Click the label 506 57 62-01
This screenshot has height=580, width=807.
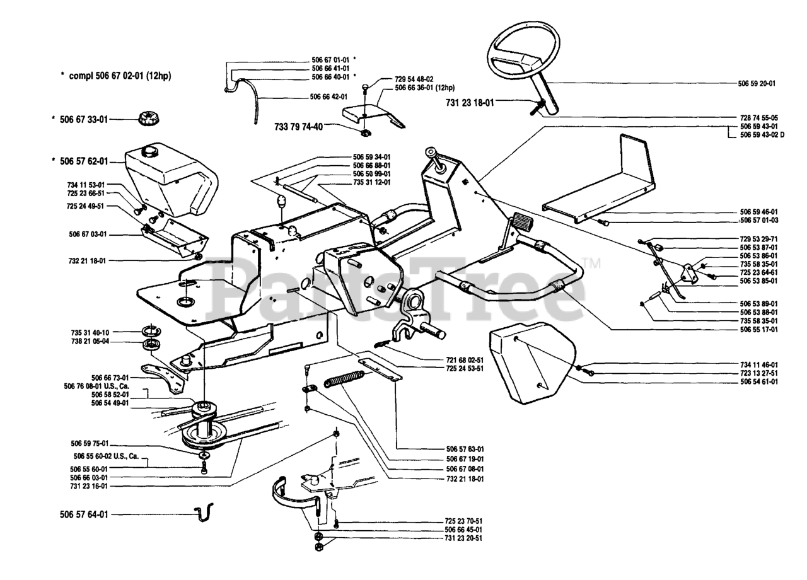coord(84,161)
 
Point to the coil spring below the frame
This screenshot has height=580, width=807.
coord(344,381)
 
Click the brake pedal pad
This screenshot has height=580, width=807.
coord(521,221)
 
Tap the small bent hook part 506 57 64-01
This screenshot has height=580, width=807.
coord(204,512)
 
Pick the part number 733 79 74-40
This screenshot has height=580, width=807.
coord(299,126)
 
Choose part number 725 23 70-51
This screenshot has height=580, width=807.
coord(463,522)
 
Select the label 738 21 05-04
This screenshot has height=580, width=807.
coord(86,341)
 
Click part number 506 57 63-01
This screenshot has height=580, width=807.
coord(465,449)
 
